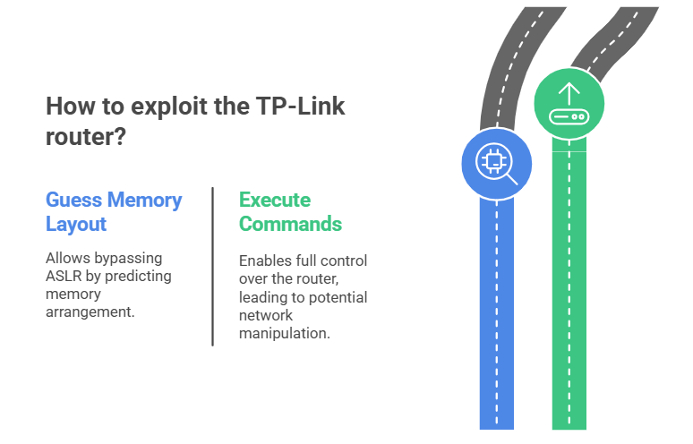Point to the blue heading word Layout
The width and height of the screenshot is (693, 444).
(76, 224)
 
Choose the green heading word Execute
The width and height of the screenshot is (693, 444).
(274, 199)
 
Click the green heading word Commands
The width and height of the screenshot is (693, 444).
(290, 224)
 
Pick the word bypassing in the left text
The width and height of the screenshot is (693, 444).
(130, 259)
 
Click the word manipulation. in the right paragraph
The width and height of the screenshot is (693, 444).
(285, 333)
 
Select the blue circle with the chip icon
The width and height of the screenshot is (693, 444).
(497, 163)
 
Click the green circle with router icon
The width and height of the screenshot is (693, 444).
(569, 105)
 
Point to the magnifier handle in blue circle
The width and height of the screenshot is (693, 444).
(512, 179)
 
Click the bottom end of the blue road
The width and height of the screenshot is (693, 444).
(497, 423)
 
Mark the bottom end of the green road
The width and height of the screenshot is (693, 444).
(569, 423)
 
